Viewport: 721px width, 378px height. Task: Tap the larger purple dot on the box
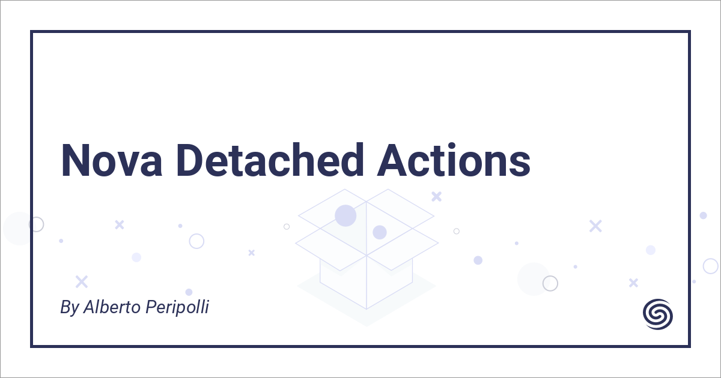(x=345, y=215)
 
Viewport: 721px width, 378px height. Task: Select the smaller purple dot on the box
(x=379, y=232)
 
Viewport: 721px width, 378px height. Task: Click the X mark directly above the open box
(x=437, y=196)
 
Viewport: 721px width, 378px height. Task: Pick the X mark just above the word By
(x=82, y=281)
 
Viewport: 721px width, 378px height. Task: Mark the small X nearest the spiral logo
(x=633, y=282)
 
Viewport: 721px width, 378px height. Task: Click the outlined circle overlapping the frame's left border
(x=37, y=224)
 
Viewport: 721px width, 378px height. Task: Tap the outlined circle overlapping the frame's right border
(x=711, y=266)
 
